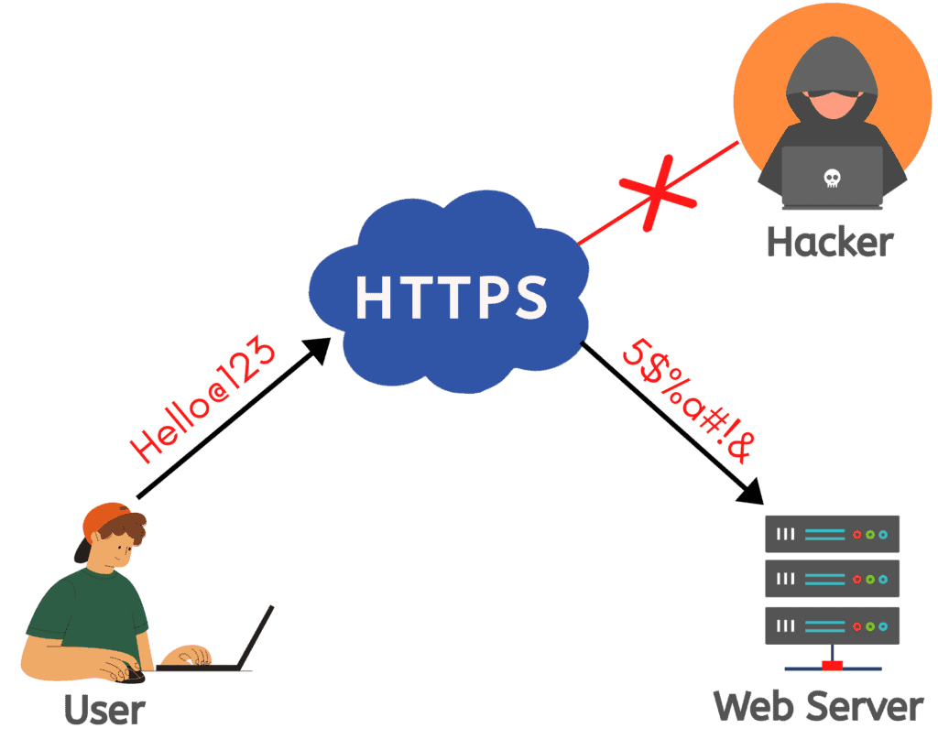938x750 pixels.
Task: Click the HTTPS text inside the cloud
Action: tap(452, 295)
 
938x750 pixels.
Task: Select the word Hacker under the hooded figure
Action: tap(829, 243)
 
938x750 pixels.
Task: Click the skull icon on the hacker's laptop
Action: tap(832, 178)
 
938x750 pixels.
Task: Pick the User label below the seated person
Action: tap(104, 710)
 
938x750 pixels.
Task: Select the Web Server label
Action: tap(818, 706)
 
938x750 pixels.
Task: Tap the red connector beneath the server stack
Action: tap(832, 665)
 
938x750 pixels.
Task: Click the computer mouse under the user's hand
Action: tap(133, 674)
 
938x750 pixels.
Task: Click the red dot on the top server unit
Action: tap(857, 534)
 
